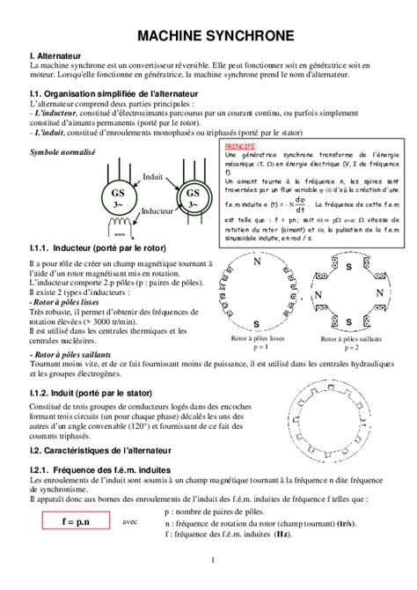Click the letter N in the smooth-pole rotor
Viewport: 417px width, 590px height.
[258, 262]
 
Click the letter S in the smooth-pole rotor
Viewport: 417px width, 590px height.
[257, 321]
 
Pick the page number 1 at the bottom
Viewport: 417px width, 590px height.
[213, 561]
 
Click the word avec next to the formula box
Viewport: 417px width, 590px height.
[130, 521]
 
